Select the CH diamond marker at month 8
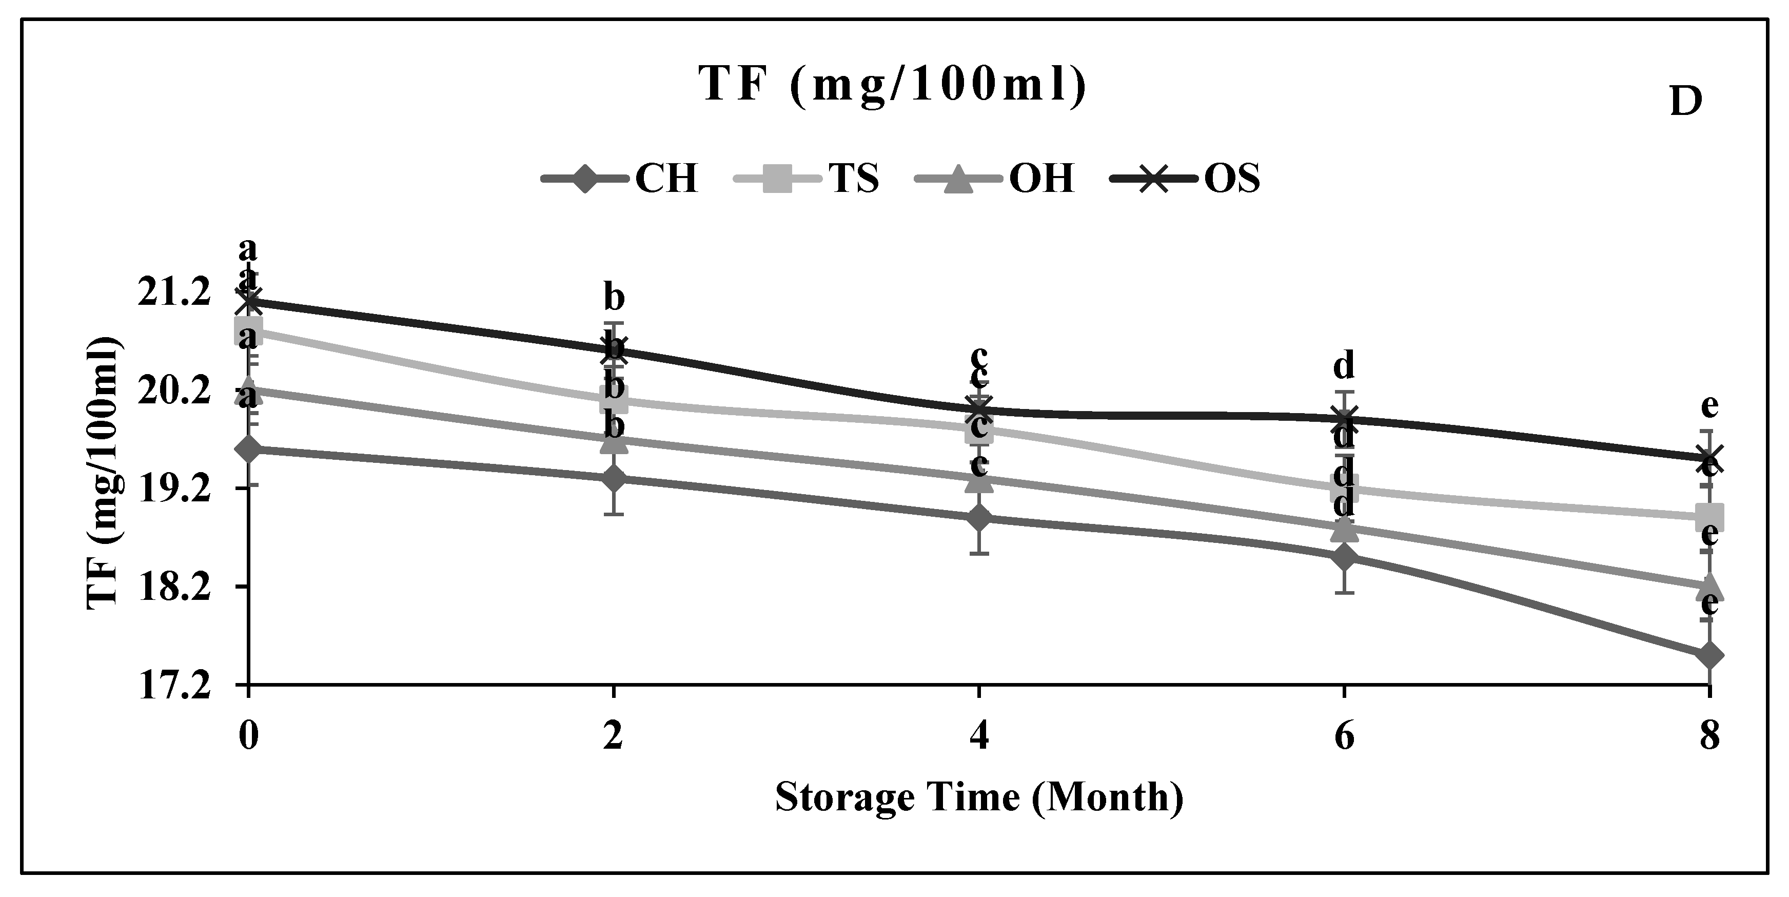coord(1709,655)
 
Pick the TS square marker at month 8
coord(1709,517)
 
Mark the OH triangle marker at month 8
coord(1709,584)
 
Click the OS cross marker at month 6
coord(1345,418)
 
